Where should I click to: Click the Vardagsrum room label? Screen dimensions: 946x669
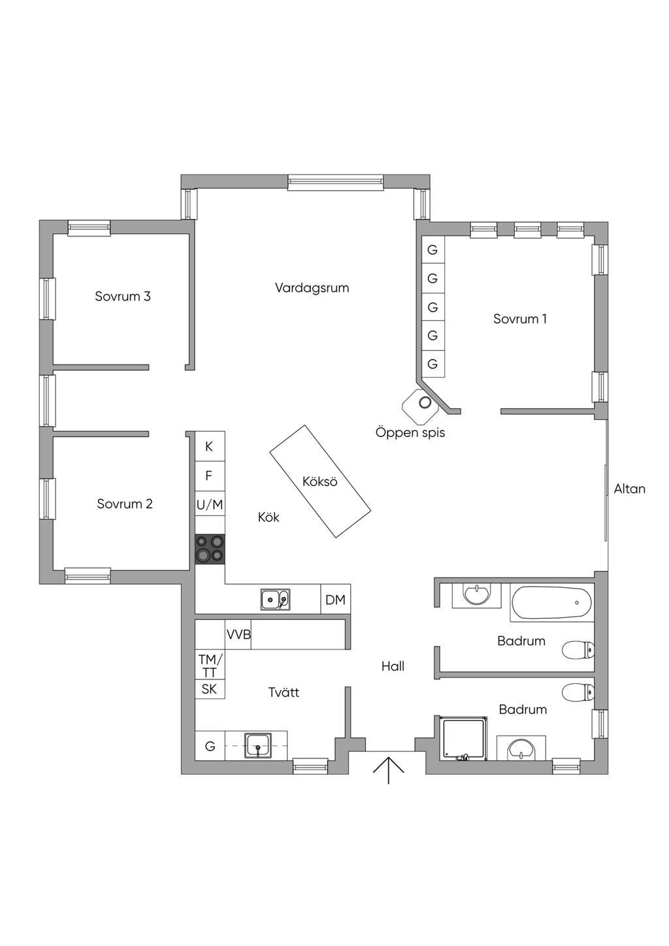[x=312, y=288]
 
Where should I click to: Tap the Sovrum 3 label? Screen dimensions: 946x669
[x=123, y=297]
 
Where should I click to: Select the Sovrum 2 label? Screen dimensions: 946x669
[x=125, y=504]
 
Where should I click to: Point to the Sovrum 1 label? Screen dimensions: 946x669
[x=520, y=319]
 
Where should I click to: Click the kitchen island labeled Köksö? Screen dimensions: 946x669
[x=320, y=481]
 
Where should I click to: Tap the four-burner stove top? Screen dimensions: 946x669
[x=210, y=549]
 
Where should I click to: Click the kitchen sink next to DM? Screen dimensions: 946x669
[x=275, y=599]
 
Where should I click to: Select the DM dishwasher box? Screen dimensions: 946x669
[x=335, y=600]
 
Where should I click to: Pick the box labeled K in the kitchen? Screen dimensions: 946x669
[x=209, y=447]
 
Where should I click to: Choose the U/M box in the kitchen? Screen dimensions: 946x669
[x=210, y=504]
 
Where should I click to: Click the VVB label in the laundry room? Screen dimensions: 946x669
[x=238, y=634]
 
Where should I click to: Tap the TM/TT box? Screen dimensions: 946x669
[x=210, y=665]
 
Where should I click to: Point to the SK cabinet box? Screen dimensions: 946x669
[x=209, y=689]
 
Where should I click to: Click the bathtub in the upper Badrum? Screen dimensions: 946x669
[x=552, y=602]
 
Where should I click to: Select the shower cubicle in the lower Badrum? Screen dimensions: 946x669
[x=464, y=739]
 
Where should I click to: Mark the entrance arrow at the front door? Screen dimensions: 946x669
[x=389, y=770]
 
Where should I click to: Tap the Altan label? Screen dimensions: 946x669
[x=629, y=489]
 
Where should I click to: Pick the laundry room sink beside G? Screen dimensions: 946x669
[x=258, y=745]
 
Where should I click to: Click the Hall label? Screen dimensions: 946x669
[x=393, y=666]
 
